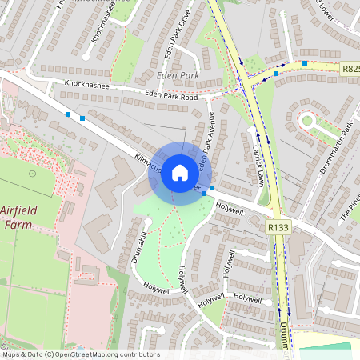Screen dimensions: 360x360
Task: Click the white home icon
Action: pyautogui.click(x=180, y=173)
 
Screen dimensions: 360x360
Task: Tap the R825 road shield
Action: pyautogui.click(x=350, y=70)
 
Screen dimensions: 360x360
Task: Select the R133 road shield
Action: pyautogui.click(x=278, y=228)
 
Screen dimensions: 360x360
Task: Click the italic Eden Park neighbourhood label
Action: pyautogui.click(x=177, y=77)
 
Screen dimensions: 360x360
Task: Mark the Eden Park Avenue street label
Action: pyautogui.click(x=208, y=144)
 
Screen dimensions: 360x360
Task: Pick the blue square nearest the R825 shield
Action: pyautogui.click(x=305, y=62)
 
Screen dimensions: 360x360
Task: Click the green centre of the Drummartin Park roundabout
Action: pyautogui.click(x=307, y=122)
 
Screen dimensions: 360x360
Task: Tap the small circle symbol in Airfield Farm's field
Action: pyautogui.click(x=32, y=172)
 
